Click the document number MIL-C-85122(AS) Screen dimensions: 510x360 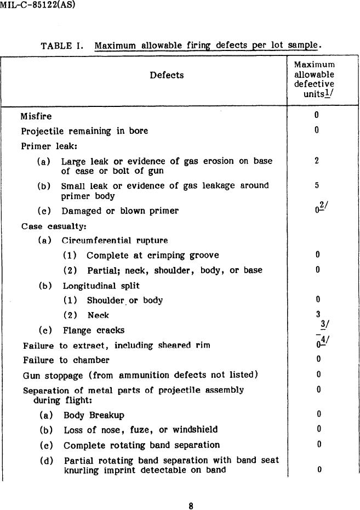coord(38,5)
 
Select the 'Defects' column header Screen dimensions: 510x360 coord(167,75)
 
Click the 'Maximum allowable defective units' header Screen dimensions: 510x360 coord(314,80)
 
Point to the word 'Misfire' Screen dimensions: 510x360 coord(36,116)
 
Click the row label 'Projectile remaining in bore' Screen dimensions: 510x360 coord(84,131)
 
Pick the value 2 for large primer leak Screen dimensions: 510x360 coord(317,161)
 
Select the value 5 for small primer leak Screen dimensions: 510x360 coord(317,186)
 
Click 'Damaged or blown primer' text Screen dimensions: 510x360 coord(120,211)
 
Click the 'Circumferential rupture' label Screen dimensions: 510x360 coord(115,241)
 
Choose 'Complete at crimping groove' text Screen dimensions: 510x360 coord(152,256)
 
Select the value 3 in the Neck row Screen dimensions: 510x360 coord(318,315)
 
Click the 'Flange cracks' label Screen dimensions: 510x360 coord(93,330)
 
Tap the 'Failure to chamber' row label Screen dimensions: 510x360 coord(66,360)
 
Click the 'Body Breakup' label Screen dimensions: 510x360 coord(94,415)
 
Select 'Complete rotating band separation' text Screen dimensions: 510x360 coord(141,445)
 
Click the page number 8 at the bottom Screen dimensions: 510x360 coord(191,506)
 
